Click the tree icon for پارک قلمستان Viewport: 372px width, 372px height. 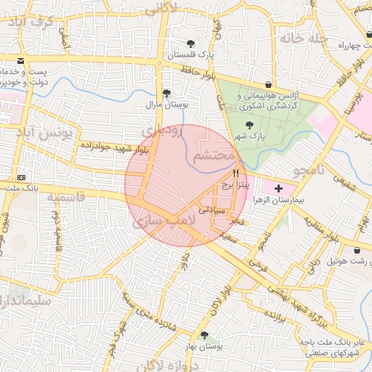(x=190, y=44)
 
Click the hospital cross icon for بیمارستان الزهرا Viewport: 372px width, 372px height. (x=279, y=187)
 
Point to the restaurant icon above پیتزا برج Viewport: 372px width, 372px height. (x=235, y=174)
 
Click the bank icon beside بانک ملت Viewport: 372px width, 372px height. (x=21, y=177)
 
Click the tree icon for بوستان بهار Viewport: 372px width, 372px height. (x=205, y=336)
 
